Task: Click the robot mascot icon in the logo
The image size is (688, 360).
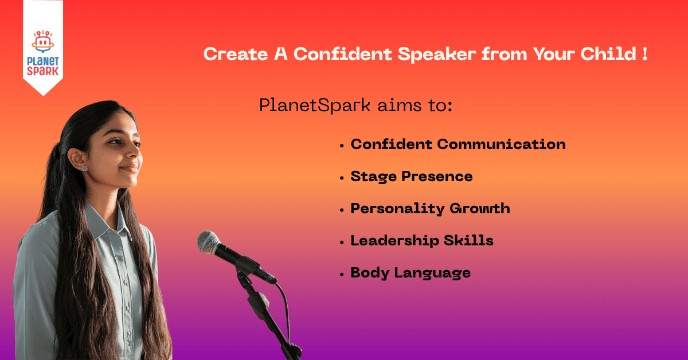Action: [43, 41]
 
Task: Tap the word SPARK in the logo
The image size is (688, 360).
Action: [42, 71]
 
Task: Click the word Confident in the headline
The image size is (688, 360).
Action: [343, 54]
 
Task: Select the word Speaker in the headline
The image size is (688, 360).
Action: [437, 54]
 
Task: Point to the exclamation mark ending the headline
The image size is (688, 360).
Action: [644, 54]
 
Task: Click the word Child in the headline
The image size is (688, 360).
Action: [608, 54]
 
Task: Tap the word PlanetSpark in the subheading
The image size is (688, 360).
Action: [315, 105]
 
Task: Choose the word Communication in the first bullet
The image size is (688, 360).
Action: [501, 144]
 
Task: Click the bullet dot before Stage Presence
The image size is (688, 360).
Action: [342, 178]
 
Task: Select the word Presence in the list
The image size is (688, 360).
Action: [437, 177]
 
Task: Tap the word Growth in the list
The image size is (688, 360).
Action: [480, 208]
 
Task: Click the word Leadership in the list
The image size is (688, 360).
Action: [394, 241]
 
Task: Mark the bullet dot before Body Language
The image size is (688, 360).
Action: [342, 275]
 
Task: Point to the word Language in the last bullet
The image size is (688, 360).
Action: [432, 273]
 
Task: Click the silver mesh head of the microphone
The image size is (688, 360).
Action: [208, 242]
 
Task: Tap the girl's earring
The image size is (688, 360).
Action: [84, 169]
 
